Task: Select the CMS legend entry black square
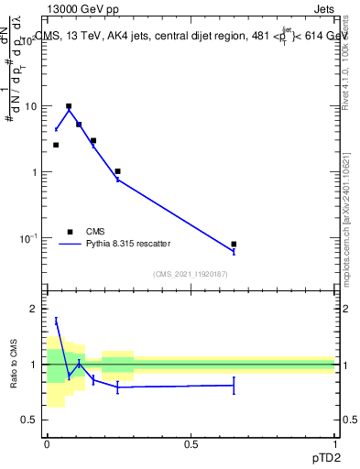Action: click(x=70, y=232)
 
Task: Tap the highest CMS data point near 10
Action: click(x=69, y=106)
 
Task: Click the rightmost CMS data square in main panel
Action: click(x=234, y=245)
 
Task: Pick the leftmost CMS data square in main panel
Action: click(x=56, y=145)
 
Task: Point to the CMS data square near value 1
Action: click(x=118, y=171)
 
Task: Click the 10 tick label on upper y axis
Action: click(x=30, y=106)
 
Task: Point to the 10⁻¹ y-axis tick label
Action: click(x=28, y=238)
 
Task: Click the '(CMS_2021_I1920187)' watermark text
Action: click(x=190, y=273)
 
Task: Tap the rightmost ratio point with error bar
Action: click(x=234, y=385)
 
